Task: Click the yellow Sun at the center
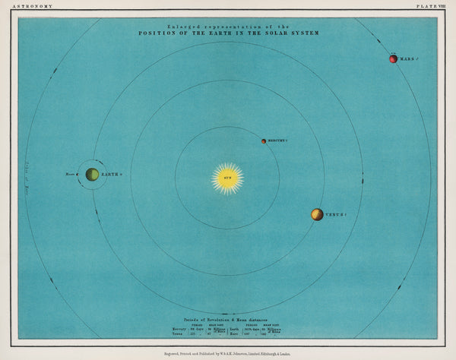[227, 178]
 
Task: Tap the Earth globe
[92, 175]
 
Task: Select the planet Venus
[317, 215]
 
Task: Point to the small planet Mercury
[264, 141]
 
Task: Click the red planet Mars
[393, 58]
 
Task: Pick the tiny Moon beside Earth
[80, 175]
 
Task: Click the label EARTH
[111, 175]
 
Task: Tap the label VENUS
[336, 215]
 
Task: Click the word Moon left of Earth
[70, 175]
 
